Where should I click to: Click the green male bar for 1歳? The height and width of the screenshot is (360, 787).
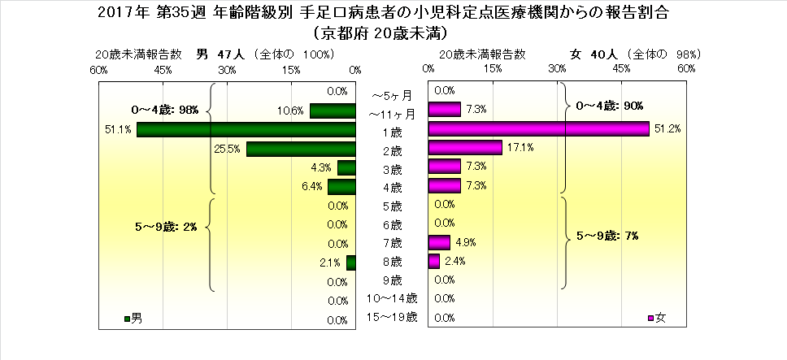click(246, 130)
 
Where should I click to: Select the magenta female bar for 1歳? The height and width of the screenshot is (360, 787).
click(538, 129)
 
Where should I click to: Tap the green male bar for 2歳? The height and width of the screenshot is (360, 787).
click(301, 149)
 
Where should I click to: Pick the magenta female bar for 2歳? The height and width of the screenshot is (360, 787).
click(464, 148)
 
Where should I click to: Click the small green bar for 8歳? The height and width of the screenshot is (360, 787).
click(351, 262)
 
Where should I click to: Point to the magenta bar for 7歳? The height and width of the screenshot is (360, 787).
click(439, 242)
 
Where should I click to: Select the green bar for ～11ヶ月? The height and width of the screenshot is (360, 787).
click(333, 111)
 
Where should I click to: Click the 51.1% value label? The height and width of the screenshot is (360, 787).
click(118, 130)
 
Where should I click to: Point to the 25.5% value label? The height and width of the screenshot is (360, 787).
click(227, 149)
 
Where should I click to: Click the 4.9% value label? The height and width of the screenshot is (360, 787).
click(465, 242)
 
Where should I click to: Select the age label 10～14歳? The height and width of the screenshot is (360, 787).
click(392, 298)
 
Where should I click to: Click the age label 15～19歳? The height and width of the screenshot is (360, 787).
click(392, 317)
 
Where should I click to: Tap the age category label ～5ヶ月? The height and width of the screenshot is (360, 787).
click(392, 94)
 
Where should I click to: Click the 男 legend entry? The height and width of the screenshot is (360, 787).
click(134, 316)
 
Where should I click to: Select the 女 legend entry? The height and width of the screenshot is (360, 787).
click(657, 316)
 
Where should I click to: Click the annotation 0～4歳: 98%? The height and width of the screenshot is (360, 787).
click(165, 110)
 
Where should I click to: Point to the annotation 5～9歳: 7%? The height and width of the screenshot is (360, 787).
click(607, 236)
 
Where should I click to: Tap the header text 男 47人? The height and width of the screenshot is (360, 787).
click(215, 54)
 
